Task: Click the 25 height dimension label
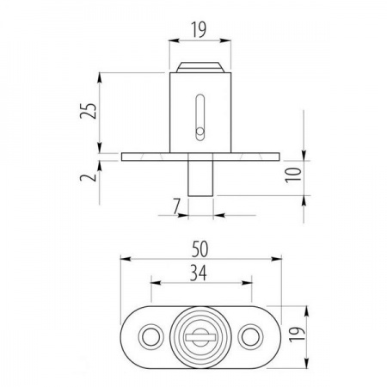89,110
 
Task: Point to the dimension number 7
176,206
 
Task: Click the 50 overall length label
200,249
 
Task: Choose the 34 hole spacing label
199,273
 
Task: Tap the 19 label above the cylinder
199,30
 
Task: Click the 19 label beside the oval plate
297,335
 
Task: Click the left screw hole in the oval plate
150,337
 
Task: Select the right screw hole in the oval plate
250,337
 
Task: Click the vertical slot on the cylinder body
200,118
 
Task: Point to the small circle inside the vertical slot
200,132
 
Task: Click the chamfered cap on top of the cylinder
200,67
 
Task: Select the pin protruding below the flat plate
200,178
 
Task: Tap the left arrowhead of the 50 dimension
126,259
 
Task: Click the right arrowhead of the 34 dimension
247,283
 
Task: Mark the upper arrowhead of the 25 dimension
100,78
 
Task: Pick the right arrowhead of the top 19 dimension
225,40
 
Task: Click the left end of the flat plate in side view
122,157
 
